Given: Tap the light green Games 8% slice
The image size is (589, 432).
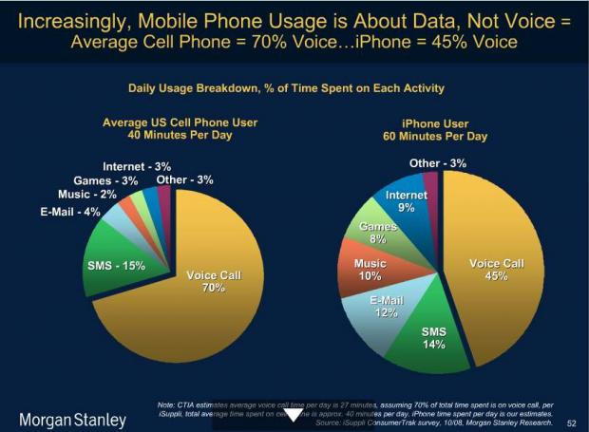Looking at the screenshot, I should pos(378,233).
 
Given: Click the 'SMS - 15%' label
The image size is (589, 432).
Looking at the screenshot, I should pos(116,265).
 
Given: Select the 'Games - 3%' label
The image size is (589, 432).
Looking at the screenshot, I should pos(105,180).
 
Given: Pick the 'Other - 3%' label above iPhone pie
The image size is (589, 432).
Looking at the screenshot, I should pos(438,163).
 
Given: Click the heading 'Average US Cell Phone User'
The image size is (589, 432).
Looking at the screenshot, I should pos(180,122).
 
